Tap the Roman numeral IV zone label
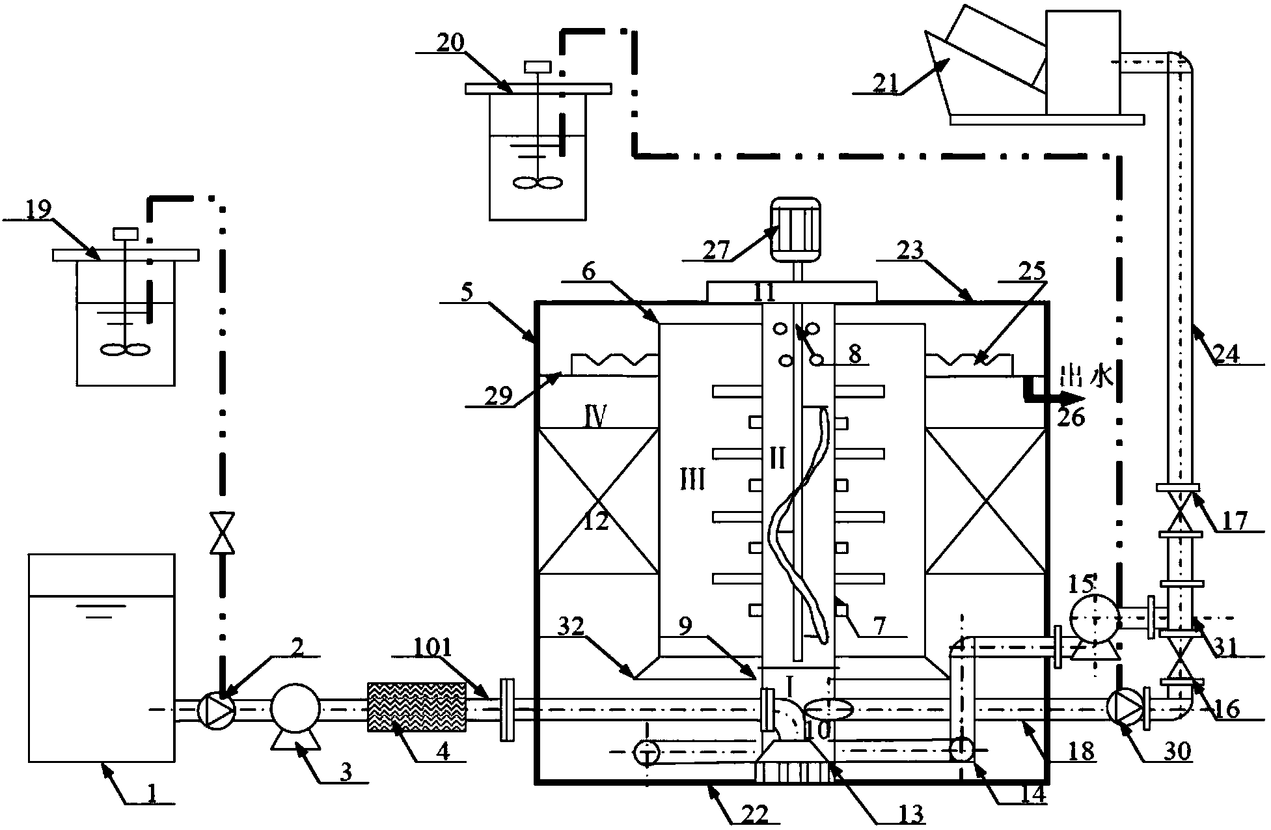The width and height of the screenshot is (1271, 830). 594,415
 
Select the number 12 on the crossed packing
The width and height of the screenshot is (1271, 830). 595,521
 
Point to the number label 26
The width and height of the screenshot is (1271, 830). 1071,417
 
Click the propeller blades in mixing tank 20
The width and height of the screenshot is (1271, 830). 537,183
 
